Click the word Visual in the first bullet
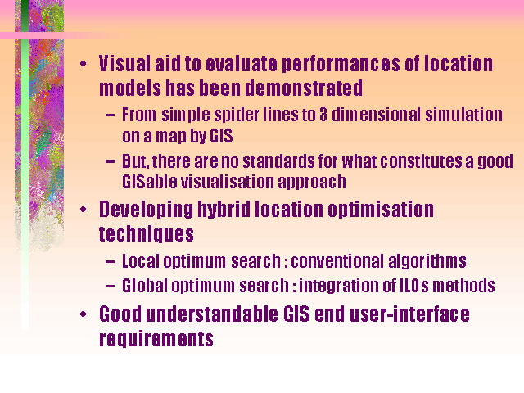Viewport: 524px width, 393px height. tap(124, 64)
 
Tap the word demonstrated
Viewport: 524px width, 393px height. tap(304, 88)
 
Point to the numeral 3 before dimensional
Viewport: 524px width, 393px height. tap(323, 115)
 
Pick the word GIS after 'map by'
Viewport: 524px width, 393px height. tap(221, 136)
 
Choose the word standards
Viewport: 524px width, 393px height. tap(278, 161)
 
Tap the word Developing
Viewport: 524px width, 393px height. tap(146, 210)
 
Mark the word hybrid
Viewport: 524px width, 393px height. tap(224, 210)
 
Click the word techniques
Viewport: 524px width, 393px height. tap(147, 234)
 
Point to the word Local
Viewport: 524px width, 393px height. tap(140, 261)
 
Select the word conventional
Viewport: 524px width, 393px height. tap(337, 261)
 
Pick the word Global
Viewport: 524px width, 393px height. tap(145, 286)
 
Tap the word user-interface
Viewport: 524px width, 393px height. tap(409, 314)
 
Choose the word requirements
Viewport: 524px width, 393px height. tap(156, 339)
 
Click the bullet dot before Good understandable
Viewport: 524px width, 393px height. tap(84, 314)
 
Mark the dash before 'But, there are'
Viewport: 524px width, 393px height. tap(110, 162)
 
